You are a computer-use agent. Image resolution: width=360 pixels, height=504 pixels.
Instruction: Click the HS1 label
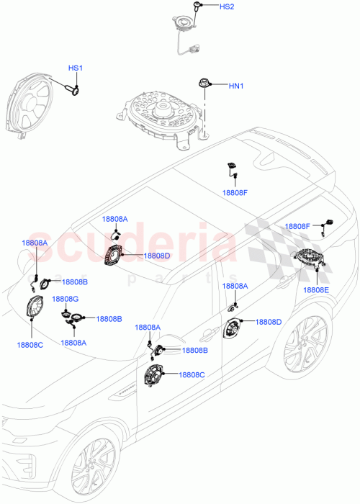[x=76, y=68]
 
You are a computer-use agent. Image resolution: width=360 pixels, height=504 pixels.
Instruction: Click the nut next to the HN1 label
[x=205, y=84]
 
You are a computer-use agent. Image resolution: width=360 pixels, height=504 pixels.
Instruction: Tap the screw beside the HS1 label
[x=72, y=89]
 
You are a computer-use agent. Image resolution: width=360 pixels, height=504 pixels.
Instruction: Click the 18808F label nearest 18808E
[x=298, y=226]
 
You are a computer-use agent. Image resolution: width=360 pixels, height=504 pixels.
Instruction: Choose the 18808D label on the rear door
[x=269, y=322]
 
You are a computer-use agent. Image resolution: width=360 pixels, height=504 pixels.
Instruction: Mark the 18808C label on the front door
[x=192, y=374]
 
